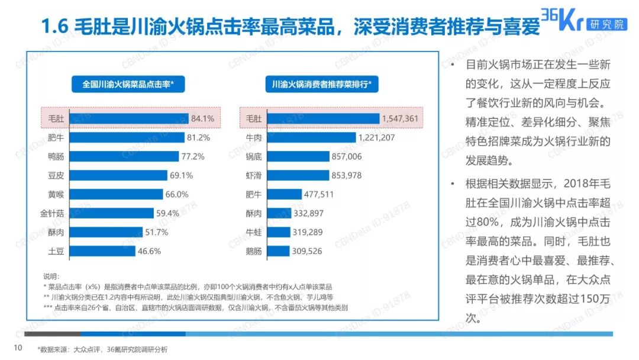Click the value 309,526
307,251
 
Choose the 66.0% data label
176,194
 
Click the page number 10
18,348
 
